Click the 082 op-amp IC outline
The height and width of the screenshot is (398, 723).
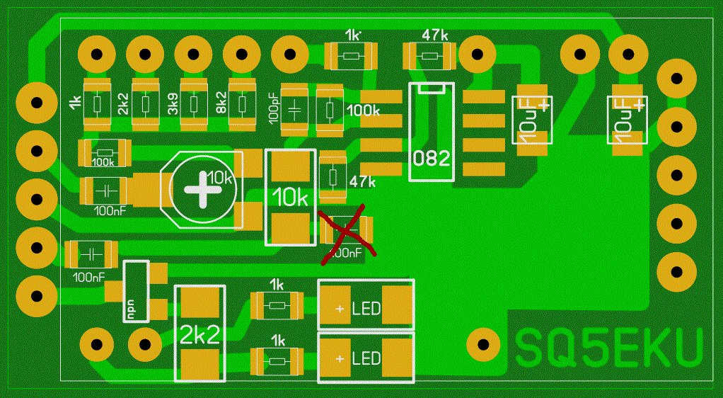click(432, 132)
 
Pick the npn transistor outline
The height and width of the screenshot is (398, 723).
click(137, 291)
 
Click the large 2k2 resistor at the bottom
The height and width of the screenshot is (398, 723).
click(199, 333)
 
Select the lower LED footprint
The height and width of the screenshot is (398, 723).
click(365, 358)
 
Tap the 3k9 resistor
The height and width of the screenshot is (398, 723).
click(193, 105)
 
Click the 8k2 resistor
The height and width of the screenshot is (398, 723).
click(242, 105)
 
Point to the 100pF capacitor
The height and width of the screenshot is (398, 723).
click(295, 109)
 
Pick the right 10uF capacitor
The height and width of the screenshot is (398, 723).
click(628, 119)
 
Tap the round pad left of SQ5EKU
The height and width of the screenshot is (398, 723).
click(484, 345)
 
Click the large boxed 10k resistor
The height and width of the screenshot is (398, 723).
click(290, 198)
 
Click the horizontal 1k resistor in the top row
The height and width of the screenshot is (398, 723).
click(352, 55)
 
